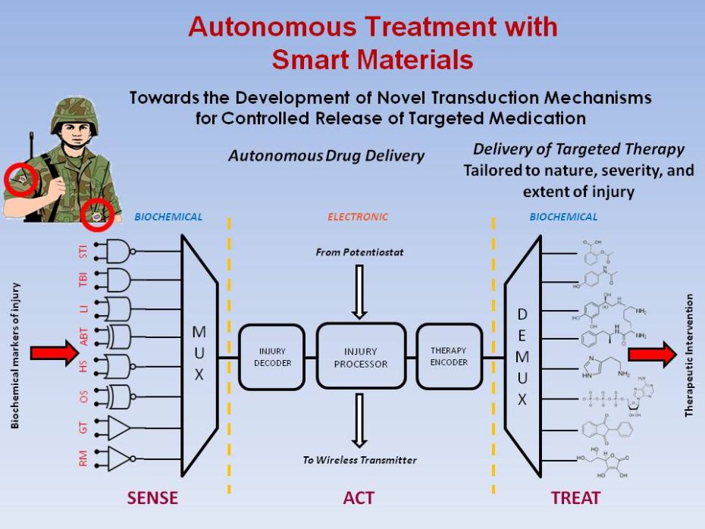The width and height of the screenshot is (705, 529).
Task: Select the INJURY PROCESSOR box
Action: [x=361, y=357]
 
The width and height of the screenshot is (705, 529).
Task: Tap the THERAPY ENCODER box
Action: [x=449, y=356]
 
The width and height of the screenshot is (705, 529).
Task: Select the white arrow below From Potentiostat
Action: [x=360, y=291]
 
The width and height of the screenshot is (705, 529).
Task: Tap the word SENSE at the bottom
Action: [x=152, y=498]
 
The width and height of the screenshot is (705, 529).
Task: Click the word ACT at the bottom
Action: [x=359, y=498]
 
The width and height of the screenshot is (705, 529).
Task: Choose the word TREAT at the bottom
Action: [x=575, y=498]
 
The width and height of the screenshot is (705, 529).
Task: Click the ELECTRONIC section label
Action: [x=358, y=217]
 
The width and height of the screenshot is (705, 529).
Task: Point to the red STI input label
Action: [x=83, y=251]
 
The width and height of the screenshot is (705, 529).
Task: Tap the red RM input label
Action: [x=83, y=458]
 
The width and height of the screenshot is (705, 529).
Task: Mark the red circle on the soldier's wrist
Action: [x=98, y=214]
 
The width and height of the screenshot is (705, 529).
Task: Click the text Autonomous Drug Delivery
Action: [x=326, y=156]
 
